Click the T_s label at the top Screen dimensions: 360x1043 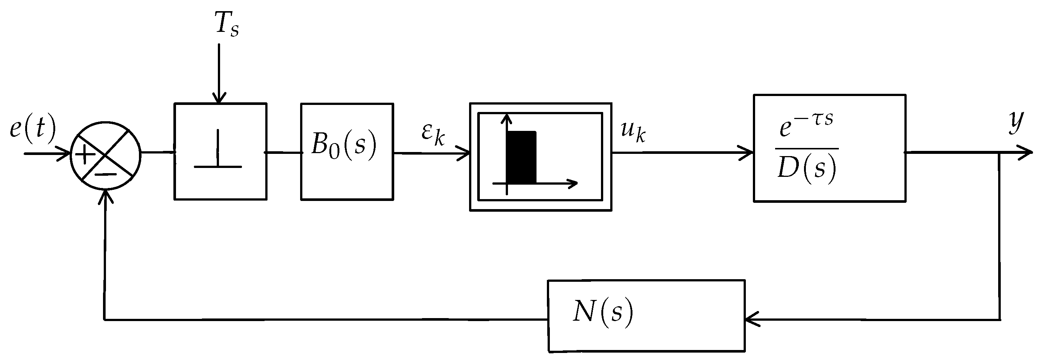click(x=227, y=24)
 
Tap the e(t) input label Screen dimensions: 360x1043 click(x=32, y=129)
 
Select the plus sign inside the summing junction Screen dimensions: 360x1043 click(x=85, y=154)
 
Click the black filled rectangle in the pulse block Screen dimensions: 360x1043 click(x=521, y=157)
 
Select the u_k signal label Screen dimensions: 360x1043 click(x=633, y=131)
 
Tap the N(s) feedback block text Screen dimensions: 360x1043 click(x=602, y=312)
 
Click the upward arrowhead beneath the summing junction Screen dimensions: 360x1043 click(x=105, y=196)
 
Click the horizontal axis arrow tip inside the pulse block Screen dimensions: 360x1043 click(x=572, y=184)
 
